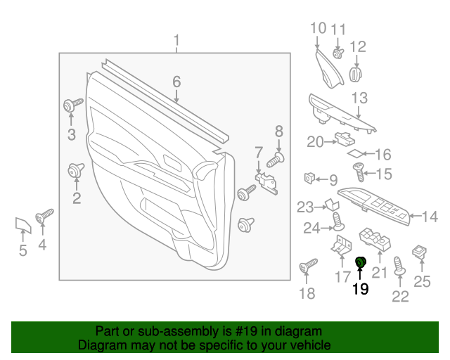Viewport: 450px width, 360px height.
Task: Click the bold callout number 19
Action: click(360, 289)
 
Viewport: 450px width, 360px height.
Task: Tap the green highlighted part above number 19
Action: click(361, 263)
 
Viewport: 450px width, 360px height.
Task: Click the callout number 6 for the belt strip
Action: click(176, 83)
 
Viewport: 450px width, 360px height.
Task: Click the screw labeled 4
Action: click(45, 214)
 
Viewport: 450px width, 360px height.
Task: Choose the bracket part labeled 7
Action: click(266, 181)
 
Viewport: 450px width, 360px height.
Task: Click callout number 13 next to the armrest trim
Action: click(359, 98)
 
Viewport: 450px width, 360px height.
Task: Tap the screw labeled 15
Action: click(357, 169)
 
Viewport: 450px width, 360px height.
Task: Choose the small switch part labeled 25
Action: click(420, 252)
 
